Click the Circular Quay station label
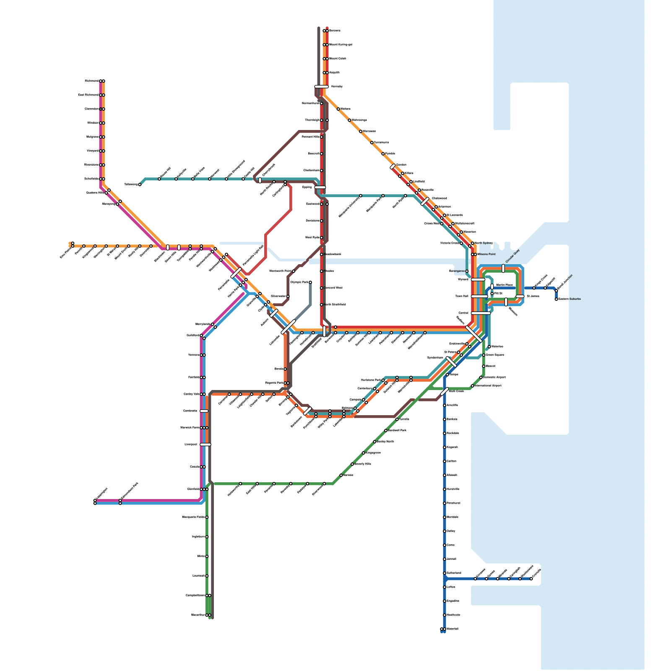click(x=512, y=256)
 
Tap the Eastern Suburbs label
click(x=570, y=299)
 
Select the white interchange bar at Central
click(x=481, y=313)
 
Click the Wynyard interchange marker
click(x=478, y=279)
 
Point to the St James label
click(x=533, y=296)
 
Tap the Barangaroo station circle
click(x=467, y=271)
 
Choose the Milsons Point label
click(x=486, y=254)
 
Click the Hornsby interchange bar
click(x=322, y=87)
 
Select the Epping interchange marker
click(x=320, y=187)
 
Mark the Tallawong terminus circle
click(x=140, y=185)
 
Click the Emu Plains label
click(x=66, y=253)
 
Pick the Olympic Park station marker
click(x=310, y=282)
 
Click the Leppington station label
click(x=102, y=494)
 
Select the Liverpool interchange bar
click(x=205, y=445)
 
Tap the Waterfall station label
click(x=453, y=629)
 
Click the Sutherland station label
click(x=454, y=573)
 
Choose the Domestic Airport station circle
click(x=481, y=377)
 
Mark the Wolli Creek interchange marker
click(x=445, y=392)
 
